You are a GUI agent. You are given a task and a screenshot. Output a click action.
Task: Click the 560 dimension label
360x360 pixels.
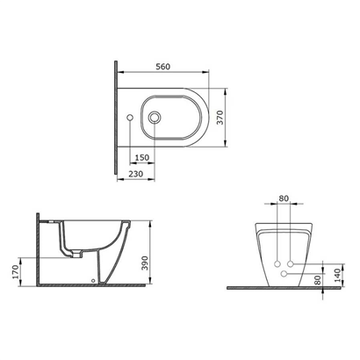point(162,67)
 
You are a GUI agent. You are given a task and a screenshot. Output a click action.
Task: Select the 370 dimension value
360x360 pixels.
point(220,118)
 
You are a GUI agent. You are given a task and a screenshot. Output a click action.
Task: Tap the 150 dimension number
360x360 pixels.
point(142,157)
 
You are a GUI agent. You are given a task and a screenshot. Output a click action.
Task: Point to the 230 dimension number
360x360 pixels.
point(136,174)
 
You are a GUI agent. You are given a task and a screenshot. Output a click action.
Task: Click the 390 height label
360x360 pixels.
point(145,263)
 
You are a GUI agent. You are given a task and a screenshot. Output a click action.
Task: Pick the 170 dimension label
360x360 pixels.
point(16,271)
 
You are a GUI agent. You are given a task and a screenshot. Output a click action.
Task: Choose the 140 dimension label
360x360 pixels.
point(337,276)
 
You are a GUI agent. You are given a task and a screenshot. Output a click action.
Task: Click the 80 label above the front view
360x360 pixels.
point(284,198)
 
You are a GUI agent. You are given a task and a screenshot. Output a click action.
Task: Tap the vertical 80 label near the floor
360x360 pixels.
point(318,280)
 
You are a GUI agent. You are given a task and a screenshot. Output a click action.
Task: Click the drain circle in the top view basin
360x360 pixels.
point(154,118)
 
